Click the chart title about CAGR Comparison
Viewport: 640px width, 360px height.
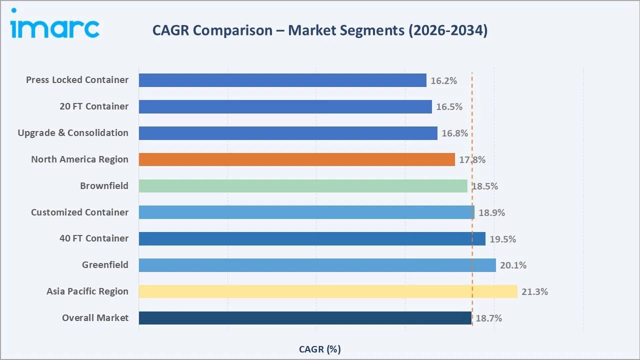point(319,30)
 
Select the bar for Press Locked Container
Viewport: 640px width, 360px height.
point(282,80)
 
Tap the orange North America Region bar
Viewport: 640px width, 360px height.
point(296,159)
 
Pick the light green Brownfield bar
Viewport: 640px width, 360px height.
point(303,186)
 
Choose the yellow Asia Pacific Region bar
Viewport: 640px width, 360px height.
point(327,291)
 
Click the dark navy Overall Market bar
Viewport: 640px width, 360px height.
point(305,318)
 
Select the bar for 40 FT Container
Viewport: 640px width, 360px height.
point(312,238)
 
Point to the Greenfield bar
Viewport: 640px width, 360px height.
point(317,265)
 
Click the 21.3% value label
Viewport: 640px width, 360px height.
point(534,292)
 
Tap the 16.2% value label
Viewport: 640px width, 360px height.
point(443,80)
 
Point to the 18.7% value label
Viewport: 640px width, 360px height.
point(488,318)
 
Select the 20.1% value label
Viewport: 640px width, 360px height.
point(513,265)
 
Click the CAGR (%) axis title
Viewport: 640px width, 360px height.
point(319,349)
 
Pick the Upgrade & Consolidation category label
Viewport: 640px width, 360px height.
point(73,133)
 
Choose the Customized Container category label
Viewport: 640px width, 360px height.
point(79,212)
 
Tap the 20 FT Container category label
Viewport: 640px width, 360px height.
point(93,106)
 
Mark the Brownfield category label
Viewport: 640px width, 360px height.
point(104,186)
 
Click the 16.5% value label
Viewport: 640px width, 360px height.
point(449,107)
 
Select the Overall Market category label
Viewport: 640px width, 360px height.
point(95,318)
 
